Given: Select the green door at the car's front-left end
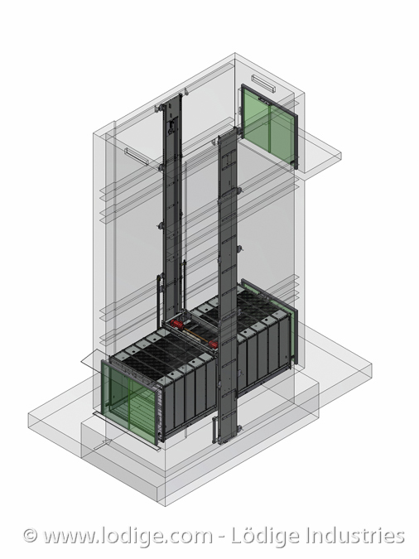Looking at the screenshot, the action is (x=129, y=402).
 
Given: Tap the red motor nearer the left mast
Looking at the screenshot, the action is (x=177, y=324).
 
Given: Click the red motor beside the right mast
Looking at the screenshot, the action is (x=213, y=344).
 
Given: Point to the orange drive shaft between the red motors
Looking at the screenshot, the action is (x=195, y=335).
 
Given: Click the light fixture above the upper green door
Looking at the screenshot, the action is (x=263, y=83).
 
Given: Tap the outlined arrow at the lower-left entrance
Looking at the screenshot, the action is (x=103, y=445).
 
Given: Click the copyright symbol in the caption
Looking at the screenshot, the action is (x=31, y=536).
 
